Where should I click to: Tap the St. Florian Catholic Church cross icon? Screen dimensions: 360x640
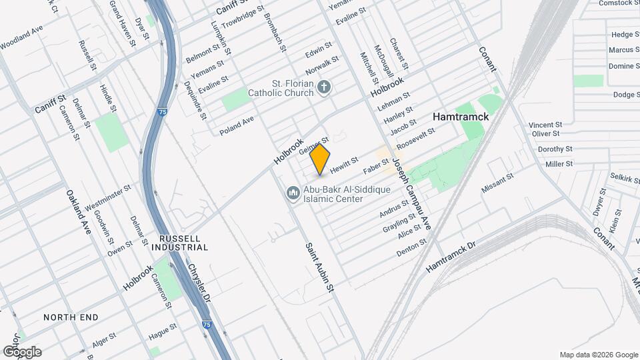(x=324, y=87)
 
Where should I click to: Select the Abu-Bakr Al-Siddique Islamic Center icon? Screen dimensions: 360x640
(x=292, y=193)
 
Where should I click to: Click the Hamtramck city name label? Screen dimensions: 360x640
(x=461, y=116)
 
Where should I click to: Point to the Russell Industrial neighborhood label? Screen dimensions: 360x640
(x=184, y=243)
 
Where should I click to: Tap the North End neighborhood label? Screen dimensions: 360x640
(x=71, y=317)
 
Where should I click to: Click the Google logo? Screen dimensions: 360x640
(x=21, y=351)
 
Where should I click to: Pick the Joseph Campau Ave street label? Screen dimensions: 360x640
(x=411, y=193)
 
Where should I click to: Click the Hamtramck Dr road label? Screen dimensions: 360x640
(x=452, y=256)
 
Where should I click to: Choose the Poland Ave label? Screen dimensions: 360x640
(x=237, y=125)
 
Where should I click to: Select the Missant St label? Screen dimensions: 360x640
(x=497, y=183)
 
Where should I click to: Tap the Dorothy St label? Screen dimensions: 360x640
(x=555, y=149)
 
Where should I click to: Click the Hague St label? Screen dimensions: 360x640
(x=163, y=329)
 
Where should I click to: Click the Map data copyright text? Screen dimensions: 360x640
(x=598, y=355)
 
